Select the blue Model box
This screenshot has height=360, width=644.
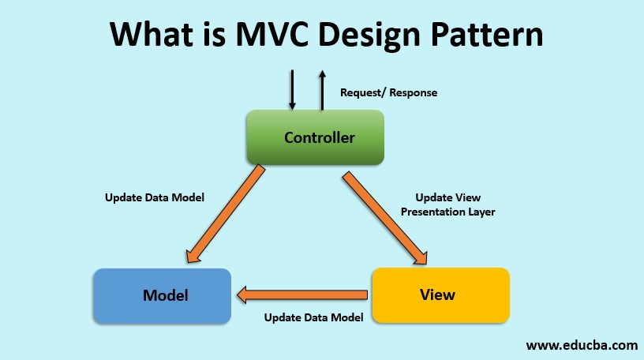[162, 296]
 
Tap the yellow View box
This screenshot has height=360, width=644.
[440, 295]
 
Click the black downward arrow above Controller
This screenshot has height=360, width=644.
[292, 89]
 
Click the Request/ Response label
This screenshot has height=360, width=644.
[388, 92]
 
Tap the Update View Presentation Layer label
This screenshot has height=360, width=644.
[447, 204]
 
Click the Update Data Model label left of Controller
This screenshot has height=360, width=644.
[155, 197]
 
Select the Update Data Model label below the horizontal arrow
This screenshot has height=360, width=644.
[313, 317]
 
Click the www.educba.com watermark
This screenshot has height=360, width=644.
[582, 345]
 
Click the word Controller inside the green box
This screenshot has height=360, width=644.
[320, 137]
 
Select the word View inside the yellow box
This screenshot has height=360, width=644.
[437, 295]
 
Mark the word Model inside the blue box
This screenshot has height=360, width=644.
[166, 296]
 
